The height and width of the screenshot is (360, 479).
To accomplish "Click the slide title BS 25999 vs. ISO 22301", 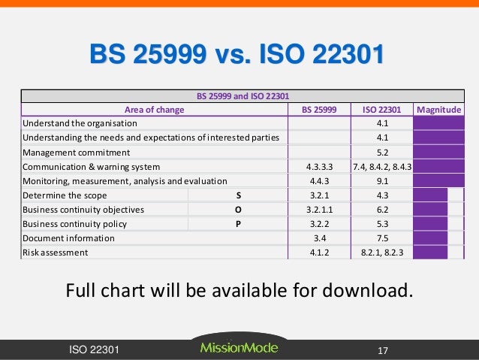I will pyautogui.click(x=236, y=55).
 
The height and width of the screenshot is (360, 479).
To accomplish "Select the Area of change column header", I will pyautogui.click(x=154, y=109).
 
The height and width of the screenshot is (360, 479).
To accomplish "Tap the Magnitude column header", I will pyautogui.click(x=439, y=109).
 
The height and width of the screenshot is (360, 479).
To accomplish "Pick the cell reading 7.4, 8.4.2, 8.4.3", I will pyautogui.click(x=381, y=166).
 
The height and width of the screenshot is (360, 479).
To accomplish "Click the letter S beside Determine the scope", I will pyautogui.click(x=238, y=195).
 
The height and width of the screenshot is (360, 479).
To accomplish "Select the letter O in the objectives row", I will pyautogui.click(x=238, y=210).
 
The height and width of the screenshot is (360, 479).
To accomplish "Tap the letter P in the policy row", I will pyautogui.click(x=238, y=224).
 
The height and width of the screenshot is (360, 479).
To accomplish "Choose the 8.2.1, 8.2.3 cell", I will pyautogui.click(x=381, y=253).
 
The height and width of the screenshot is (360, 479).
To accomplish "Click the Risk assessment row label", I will pyautogui.click(x=55, y=253).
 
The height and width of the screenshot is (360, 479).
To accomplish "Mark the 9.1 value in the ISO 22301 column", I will pyautogui.click(x=381, y=180).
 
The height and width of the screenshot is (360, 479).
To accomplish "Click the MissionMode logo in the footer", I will pyautogui.click(x=239, y=348).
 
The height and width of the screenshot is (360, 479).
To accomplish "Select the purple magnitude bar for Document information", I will pyautogui.click(x=429, y=238).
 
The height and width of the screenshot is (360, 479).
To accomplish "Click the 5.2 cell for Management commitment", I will pyautogui.click(x=381, y=152).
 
